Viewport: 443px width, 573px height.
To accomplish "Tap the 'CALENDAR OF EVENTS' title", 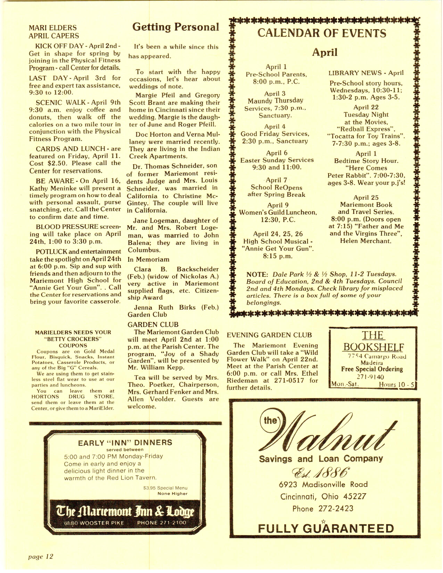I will pyautogui.click(x=322, y=33).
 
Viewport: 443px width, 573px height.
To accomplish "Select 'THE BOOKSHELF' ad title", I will pyautogui.click(x=373, y=341).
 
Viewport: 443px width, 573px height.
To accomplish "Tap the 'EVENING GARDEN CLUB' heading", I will pyautogui.click(x=269, y=335).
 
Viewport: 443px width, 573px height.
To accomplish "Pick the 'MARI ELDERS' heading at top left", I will pyautogui.click(x=52, y=28).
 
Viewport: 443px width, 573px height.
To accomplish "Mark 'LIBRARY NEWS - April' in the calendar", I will pyautogui.click(x=366, y=73).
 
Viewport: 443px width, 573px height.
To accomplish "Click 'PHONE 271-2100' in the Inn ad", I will pyautogui.click(x=162, y=523).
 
